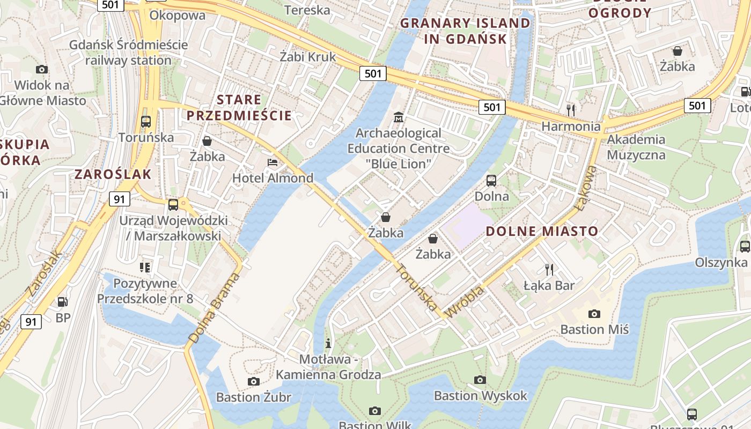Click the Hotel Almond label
click(x=273, y=178)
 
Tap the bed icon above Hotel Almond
click(x=273, y=162)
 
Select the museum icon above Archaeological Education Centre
click(x=399, y=117)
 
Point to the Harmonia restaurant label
click(x=571, y=127)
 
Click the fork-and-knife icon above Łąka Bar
click(x=549, y=269)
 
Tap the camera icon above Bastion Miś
click(x=594, y=314)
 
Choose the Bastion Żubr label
click(x=254, y=397)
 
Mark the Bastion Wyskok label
click(x=481, y=396)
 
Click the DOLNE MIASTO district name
click(x=542, y=232)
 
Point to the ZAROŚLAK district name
click(x=113, y=174)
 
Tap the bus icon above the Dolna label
click(x=491, y=180)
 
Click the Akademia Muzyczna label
click(x=636, y=147)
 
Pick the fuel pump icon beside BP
click(x=63, y=302)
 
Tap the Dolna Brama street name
click(x=214, y=308)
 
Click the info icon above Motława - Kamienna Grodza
click(x=328, y=343)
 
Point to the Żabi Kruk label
click(x=308, y=56)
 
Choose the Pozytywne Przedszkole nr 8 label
click(x=145, y=291)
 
